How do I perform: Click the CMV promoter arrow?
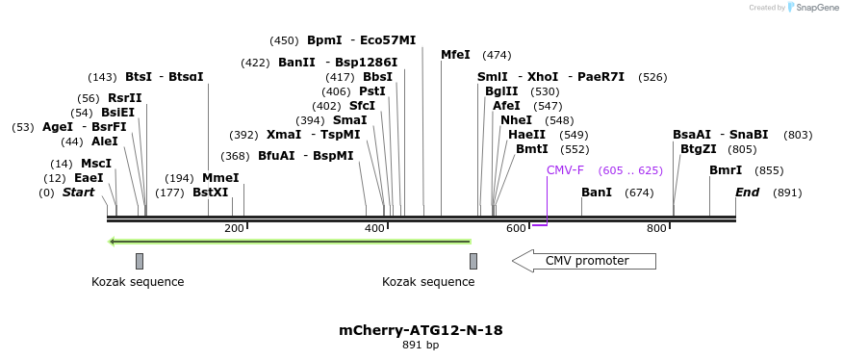tap(584, 261)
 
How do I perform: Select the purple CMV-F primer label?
tap(565, 170)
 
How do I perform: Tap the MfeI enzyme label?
tap(455, 55)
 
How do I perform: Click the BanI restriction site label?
tap(597, 193)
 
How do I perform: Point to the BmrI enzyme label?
tap(726, 170)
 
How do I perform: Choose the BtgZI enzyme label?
tap(699, 149)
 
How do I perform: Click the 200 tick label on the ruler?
tap(234, 228)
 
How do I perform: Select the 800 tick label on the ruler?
tap(656, 228)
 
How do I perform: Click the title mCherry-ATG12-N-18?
tap(421, 330)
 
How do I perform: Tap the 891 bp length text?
tap(421, 345)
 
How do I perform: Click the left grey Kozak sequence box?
tap(140, 261)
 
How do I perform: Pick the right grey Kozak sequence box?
tap(473, 261)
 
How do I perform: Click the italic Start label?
tap(79, 193)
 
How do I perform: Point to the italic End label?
tap(747, 193)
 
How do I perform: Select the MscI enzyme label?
tap(96, 164)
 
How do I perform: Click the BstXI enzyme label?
tap(211, 193)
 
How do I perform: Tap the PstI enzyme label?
tap(372, 91)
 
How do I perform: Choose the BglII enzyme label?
tap(501, 91)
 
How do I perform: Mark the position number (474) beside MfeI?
tap(497, 55)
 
